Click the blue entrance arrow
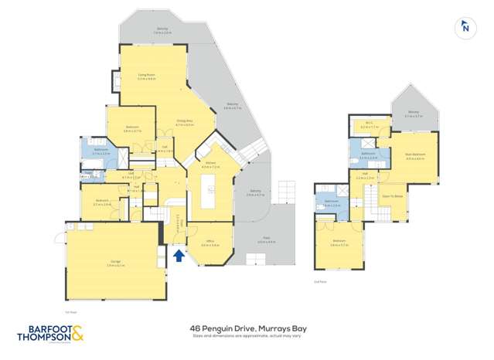(x=179, y=256)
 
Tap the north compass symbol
(x=465, y=28)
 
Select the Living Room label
(x=147, y=76)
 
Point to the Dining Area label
(x=184, y=121)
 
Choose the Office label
(x=210, y=243)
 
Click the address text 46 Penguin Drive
(x=247, y=328)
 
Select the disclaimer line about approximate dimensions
(x=247, y=336)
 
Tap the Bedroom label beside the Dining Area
(x=132, y=129)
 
